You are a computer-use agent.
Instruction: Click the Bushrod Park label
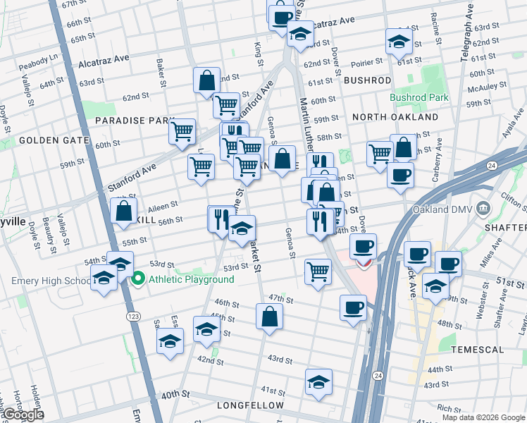[x=419, y=97]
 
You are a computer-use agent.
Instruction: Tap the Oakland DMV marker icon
[x=483, y=208]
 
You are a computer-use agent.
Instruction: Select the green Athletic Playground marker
[x=138, y=280]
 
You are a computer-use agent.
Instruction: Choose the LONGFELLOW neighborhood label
[x=250, y=405]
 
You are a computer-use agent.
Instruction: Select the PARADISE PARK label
[x=130, y=121]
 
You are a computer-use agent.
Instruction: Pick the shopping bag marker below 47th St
[x=269, y=317]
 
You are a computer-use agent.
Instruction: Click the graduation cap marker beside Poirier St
[x=399, y=42]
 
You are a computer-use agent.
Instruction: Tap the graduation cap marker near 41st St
[x=318, y=382]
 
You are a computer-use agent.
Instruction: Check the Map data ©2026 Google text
[x=483, y=417]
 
